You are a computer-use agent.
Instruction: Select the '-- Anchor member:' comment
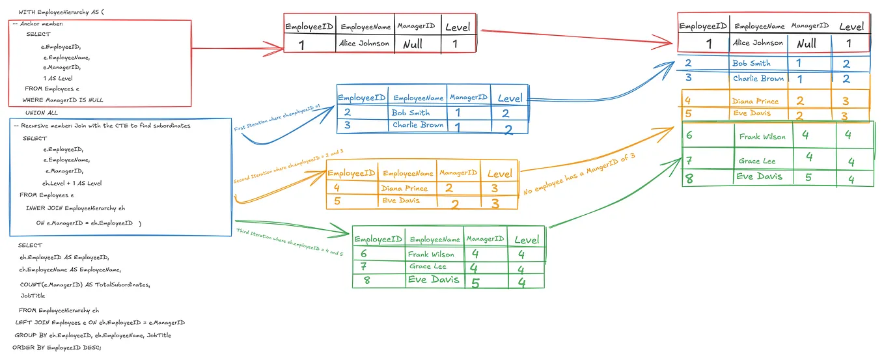(38, 24)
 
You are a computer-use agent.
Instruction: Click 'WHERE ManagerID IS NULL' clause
(62, 100)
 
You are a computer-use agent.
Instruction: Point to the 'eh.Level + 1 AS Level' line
(72, 184)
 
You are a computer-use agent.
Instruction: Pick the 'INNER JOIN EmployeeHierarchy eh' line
(75, 208)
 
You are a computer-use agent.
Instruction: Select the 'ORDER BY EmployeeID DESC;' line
(57, 348)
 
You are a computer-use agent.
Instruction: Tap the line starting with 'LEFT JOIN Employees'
(100, 323)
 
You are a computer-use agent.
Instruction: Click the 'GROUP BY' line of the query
(92, 335)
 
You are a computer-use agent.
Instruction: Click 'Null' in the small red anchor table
(412, 44)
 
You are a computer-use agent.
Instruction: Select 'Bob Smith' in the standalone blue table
(410, 113)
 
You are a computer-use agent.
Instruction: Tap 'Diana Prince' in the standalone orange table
(404, 188)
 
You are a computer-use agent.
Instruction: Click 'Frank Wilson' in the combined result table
(762, 137)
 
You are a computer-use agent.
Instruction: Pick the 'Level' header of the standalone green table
(526, 240)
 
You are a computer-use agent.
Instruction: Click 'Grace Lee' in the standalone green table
(428, 267)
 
